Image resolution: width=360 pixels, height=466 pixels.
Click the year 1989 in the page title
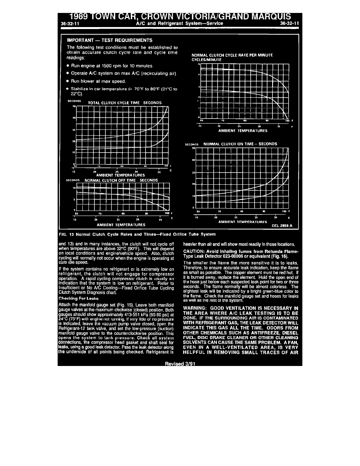pyautogui.click(x=81, y=17)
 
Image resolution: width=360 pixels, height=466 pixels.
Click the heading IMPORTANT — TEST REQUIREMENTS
pyautogui.click(x=110, y=40)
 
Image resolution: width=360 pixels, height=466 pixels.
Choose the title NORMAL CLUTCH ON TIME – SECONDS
pyautogui.click(x=240, y=144)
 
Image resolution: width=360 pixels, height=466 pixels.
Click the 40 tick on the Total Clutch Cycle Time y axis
pyautogui.click(x=73, y=118)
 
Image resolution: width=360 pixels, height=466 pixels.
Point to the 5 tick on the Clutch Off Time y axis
pyautogui.click(x=74, y=200)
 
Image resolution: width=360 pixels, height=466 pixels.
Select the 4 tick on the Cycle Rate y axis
pyautogui.click(x=199, y=75)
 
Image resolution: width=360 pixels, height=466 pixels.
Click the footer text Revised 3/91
pyautogui.click(x=180, y=364)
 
